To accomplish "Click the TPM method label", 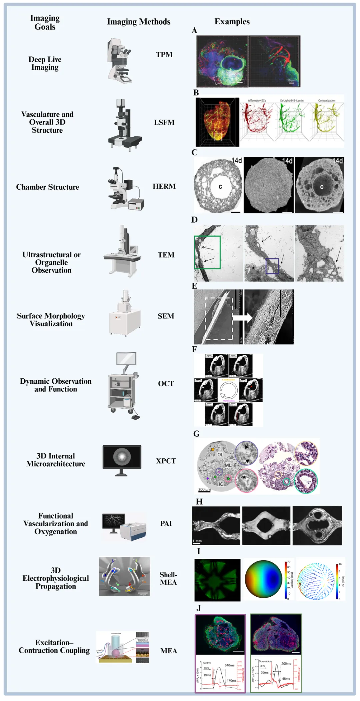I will pyautogui.click(x=164, y=54).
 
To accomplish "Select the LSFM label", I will pyautogui.click(x=164, y=122).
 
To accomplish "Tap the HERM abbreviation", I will pyautogui.click(x=164, y=186).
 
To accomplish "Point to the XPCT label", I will pyautogui.click(x=166, y=461).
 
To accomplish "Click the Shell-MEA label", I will pyautogui.click(x=168, y=578).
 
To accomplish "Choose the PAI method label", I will pyautogui.click(x=166, y=523).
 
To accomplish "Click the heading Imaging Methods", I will pyautogui.click(x=139, y=22).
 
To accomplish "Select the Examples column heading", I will pyautogui.click(x=232, y=22).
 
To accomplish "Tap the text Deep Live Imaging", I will pyautogui.click(x=45, y=63).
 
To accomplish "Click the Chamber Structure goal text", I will pyautogui.click(x=48, y=187).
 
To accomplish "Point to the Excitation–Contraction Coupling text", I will pyautogui.click(x=54, y=646).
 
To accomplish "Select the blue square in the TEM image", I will pyautogui.click(x=272, y=266).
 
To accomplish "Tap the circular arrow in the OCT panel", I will pyautogui.click(x=229, y=390).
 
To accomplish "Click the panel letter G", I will pyautogui.click(x=196, y=434).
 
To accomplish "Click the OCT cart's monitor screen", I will pyautogui.click(x=126, y=359).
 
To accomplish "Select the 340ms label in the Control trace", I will pyautogui.click(x=229, y=665).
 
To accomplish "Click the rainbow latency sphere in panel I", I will pyautogui.click(x=264, y=579).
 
